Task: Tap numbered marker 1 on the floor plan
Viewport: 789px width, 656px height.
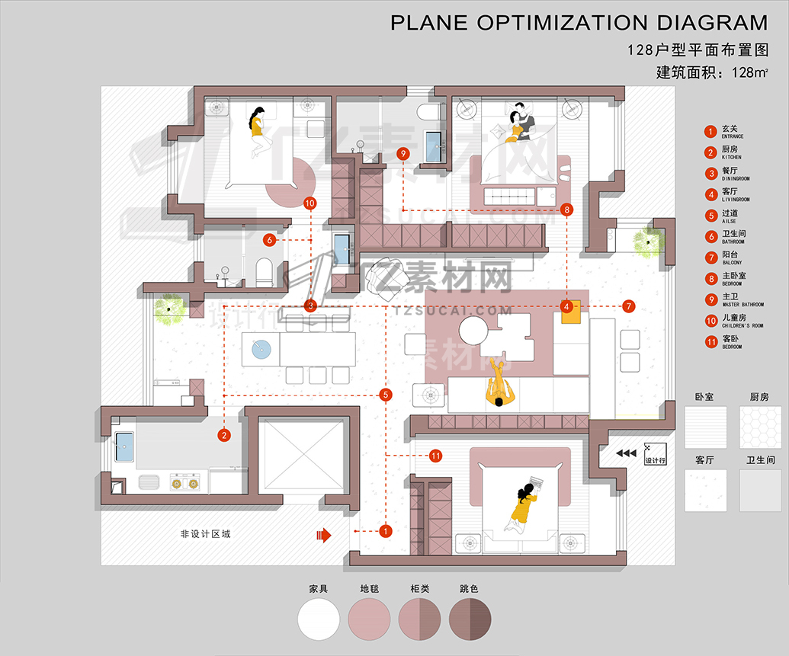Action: tap(386, 530)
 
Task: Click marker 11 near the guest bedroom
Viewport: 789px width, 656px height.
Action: tap(435, 456)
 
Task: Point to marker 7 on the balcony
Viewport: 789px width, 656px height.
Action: tap(628, 306)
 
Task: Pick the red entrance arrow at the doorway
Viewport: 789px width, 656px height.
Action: tap(324, 536)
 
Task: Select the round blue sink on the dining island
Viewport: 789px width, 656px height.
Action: tap(261, 348)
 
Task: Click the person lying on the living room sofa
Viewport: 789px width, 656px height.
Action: tap(499, 387)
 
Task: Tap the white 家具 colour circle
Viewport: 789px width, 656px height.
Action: tap(318, 618)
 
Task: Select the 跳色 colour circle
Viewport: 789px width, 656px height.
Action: tap(470, 618)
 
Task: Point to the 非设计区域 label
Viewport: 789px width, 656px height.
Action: tap(205, 534)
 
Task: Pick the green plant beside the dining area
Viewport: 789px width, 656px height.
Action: tap(169, 309)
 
